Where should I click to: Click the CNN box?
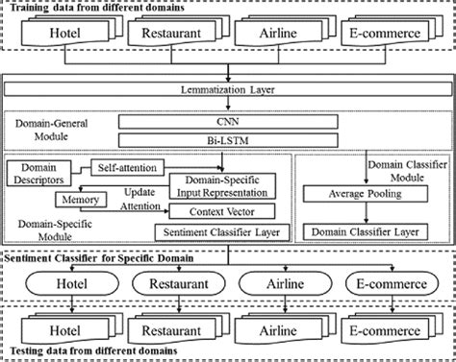[x=228, y=123]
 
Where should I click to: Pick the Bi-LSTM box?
[x=228, y=140]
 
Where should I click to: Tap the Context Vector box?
[x=221, y=210]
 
